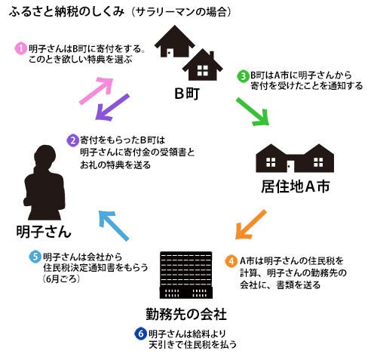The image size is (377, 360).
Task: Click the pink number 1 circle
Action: [20, 48]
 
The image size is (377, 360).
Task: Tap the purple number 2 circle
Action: [72, 140]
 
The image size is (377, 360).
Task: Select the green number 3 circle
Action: [243, 75]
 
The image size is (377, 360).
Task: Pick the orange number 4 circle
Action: [231, 261]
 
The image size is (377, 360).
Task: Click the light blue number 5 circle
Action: [35, 257]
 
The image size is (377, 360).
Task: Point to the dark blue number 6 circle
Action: [140, 334]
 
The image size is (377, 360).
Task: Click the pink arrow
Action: [97, 91]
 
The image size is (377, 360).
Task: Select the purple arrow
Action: [112, 107]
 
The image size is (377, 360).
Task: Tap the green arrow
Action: [253, 112]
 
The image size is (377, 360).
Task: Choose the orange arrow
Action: [250, 225]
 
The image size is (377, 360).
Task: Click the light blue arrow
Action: [114, 226]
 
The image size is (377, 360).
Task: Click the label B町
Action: [187, 94]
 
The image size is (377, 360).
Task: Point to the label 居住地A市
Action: [296, 186]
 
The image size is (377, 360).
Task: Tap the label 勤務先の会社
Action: [186, 314]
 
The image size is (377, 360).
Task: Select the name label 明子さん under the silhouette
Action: [44, 232]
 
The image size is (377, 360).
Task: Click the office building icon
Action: [186, 275]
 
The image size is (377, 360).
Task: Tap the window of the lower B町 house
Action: [203, 70]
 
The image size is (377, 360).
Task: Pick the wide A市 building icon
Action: [295, 158]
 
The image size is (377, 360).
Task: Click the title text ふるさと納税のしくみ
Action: [66, 12]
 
